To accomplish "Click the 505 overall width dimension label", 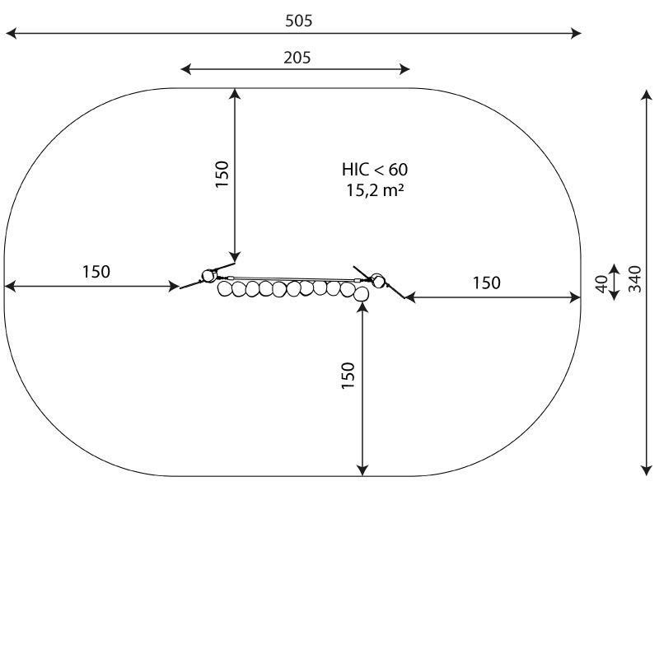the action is pyautogui.click(x=299, y=21).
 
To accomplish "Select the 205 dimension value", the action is pyautogui.click(x=297, y=58).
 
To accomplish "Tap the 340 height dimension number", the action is pyautogui.click(x=635, y=279).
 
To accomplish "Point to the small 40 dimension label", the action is pyautogui.click(x=602, y=283).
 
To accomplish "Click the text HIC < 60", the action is pyautogui.click(x=375, y=170).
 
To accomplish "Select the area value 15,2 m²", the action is pyautogui.click(x=375, y=190).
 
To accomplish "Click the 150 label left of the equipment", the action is pyautogui.click(x=96, y=272).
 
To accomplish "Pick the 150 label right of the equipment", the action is pyautogui.click(x=487, y=283).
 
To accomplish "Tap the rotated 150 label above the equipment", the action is pyautogui.click(x=222, y=175).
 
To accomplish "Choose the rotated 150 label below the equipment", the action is pyautogui.click(x=348, y=376).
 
